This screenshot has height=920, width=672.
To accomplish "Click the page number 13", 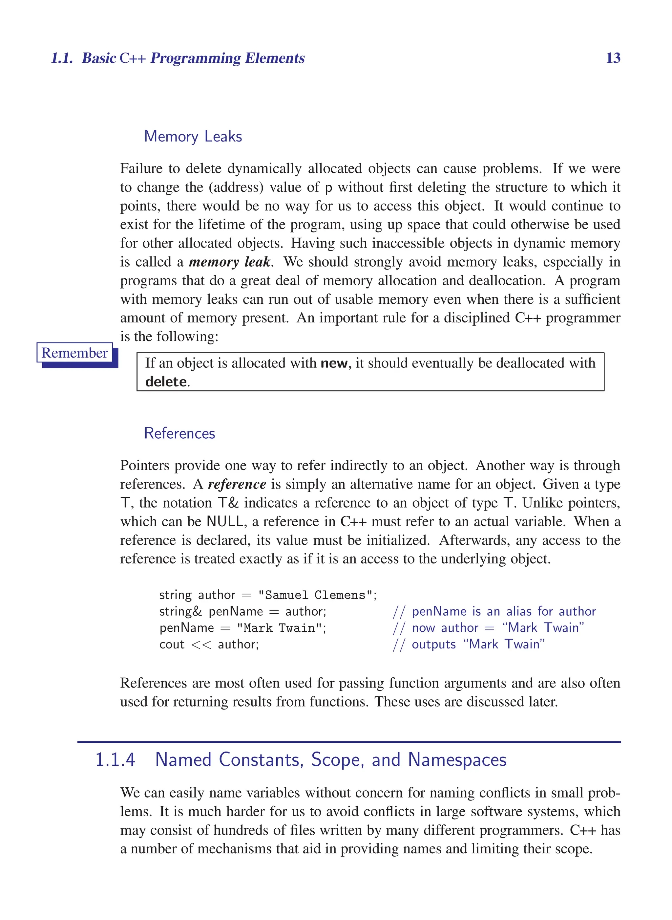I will pos(613,58).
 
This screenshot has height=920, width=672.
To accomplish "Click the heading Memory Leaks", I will pos(193,136).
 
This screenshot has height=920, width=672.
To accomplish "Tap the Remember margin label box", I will pos(74,353).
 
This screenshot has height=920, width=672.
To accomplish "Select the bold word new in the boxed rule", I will pos(334,363).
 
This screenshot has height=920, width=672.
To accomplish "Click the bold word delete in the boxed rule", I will pos(166,382).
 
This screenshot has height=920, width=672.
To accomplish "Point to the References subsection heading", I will pos(179,433).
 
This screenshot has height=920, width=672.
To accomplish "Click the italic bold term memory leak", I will pos(230,262).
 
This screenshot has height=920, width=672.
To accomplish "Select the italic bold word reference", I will pos(237,484).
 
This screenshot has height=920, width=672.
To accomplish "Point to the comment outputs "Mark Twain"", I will pos(478,645).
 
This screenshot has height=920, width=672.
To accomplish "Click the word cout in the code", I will pos(172,645).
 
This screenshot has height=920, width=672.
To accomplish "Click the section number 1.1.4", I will pos(115,760).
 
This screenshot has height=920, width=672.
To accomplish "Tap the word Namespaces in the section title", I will pos(457,760).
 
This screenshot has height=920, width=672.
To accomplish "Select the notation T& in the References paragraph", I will pos(228,503).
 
